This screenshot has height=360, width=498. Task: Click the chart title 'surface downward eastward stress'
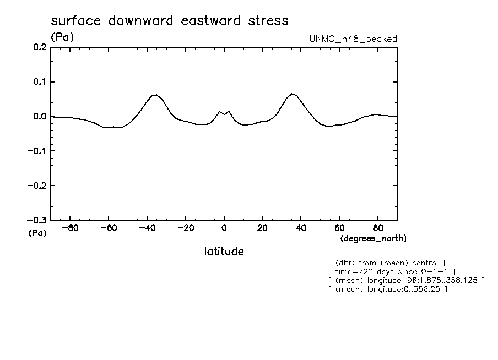point(169,21)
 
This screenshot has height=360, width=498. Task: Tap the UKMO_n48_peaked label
point(353,39)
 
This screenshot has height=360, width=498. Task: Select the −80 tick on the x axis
point(69,227)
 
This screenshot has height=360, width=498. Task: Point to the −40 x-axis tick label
point(146,227)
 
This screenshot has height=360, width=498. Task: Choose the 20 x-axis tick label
point(262,227)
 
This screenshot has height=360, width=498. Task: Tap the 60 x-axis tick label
point(339,227)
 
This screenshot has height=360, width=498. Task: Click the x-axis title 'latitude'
point(224,252)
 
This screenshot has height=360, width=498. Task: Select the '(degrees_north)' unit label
point(373,238)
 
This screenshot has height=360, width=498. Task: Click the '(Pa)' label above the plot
point(62,37)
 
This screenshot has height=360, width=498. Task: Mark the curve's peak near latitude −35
point(156,95)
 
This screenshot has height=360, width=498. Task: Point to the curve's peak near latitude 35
point(292,94)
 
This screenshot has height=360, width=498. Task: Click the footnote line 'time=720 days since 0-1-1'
point(391,271)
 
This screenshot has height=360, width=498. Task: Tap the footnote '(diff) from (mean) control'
point(386,263)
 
